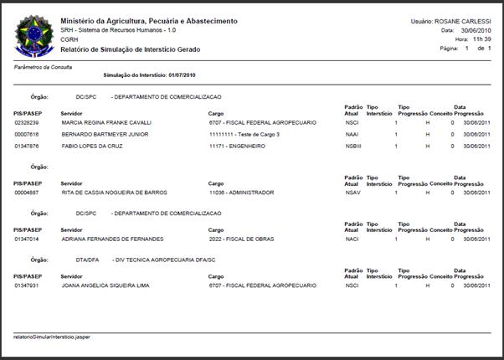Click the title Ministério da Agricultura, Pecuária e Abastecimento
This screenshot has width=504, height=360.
148,20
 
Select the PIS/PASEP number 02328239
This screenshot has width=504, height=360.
28,122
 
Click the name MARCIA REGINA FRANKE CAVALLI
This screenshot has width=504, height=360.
106,122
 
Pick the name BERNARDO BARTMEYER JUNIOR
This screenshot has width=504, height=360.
105,134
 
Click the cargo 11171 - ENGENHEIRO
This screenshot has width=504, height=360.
237,146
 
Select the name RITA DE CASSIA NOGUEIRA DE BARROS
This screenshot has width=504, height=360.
114,193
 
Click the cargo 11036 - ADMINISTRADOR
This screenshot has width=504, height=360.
241,193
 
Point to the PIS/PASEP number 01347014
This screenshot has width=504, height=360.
28,239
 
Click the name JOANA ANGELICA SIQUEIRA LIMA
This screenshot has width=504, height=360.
106,285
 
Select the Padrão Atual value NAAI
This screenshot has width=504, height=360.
352,134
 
